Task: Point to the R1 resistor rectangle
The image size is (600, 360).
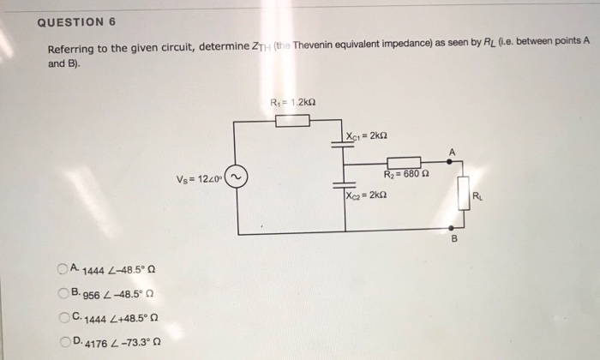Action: (x=292, y=121)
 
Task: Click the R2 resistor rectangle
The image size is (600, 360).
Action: (x=404, y=164)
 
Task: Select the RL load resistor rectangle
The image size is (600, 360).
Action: (x=464, y=192)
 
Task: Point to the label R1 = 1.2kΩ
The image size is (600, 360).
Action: (x=292, y=103)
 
